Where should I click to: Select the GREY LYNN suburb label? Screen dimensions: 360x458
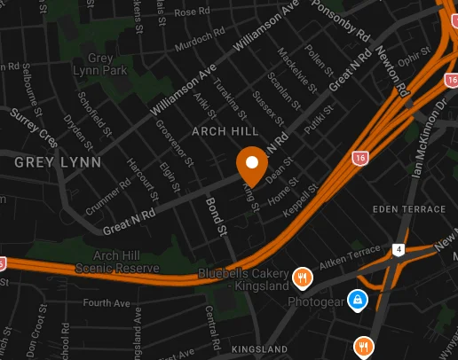point(58,162)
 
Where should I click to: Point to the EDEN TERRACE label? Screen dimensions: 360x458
point(410,209)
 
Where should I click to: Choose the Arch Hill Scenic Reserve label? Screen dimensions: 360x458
point(126,262)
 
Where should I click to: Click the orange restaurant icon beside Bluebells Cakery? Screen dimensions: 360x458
point(303,278)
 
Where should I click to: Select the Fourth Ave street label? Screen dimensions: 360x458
point(107,303)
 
